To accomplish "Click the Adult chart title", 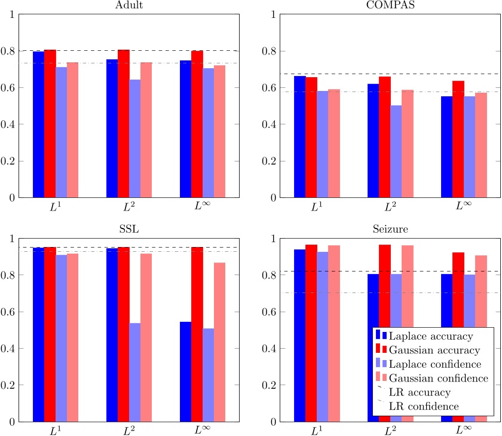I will point(129,6).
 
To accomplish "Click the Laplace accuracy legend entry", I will point(426,336).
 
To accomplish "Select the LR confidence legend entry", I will point(424,407).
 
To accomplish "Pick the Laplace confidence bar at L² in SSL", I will point(134,372).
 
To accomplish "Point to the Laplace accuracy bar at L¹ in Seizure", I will point(299,335).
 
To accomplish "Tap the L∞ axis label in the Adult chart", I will point(197,207).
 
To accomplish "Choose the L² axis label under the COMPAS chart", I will point(390,207).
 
